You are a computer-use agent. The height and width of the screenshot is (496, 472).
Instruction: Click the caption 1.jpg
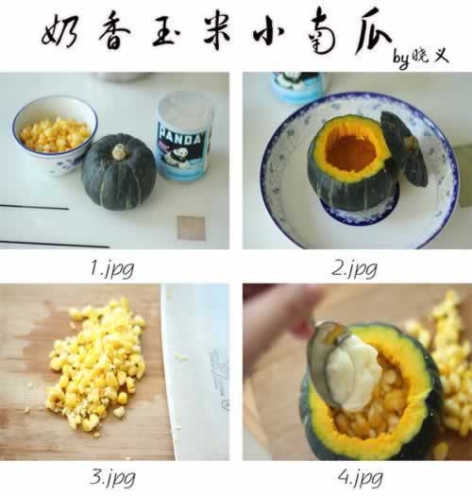[112, 269]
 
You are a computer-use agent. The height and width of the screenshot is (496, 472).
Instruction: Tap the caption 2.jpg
[354, 269]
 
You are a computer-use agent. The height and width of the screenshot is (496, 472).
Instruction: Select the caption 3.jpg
[112, 478]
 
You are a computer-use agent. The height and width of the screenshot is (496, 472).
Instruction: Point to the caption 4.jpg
[360, 478]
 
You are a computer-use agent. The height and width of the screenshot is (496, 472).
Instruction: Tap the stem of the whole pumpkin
[120, 152]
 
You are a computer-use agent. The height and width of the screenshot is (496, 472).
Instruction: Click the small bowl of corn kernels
[55, 135]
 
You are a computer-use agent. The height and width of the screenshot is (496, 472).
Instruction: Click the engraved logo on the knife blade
[221, 379]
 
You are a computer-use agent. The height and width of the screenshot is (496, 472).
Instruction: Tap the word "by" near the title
[401, 59]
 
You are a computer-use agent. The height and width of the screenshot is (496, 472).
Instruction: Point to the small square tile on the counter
[191, 228]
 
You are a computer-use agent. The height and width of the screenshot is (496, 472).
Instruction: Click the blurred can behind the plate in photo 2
[297, 86]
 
